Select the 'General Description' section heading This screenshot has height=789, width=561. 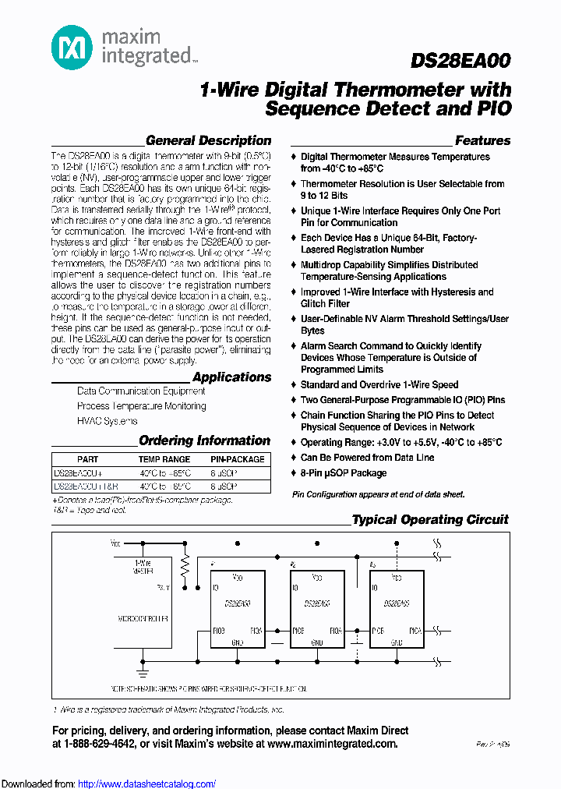click(x=208, y=141)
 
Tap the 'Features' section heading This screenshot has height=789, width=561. click(x=482, y=141)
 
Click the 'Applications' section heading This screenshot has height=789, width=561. click(x=231, y=377)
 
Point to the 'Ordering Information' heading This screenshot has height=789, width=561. click(x=204, y=441)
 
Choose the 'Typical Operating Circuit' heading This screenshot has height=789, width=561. click(x=430, y=520)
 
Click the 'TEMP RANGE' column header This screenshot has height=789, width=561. click(x=164, y=460)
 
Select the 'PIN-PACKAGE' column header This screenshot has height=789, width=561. click(x=238, y=460)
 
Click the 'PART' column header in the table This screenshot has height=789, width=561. click(x=88, y=460)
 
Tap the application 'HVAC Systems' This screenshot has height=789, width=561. click(x=107, y=421)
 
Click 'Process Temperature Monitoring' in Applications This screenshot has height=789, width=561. click(x=141, y=406)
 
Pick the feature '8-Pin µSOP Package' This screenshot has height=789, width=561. click(x=344, y=473)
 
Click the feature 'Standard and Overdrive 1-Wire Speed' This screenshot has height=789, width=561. click(x=379, y=385)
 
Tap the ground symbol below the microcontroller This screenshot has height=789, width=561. click(x=143, y=669)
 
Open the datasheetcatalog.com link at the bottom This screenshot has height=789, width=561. click(x=147, y=784)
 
